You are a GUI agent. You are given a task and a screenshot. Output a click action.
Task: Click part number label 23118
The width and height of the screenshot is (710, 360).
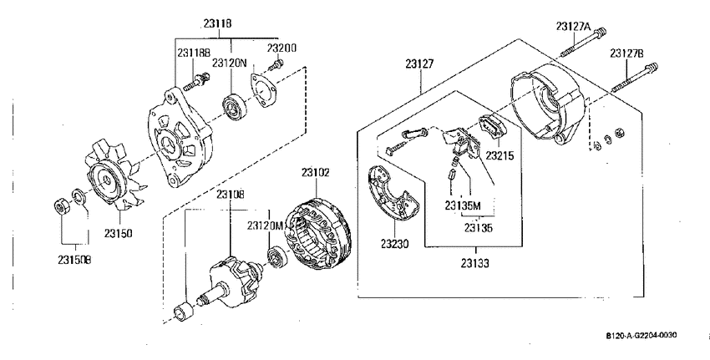(217, 23)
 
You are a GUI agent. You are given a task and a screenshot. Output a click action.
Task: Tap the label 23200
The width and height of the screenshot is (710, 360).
(281, 48)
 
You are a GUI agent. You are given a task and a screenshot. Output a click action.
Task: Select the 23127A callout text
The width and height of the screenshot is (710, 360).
(574, 27)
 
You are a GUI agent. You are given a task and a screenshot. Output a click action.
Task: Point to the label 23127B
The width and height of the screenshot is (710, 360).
(626, 53)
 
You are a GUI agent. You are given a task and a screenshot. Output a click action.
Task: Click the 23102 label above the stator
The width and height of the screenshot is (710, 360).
(316, 172)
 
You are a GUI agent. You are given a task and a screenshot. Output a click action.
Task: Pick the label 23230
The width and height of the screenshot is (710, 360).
(394, 244)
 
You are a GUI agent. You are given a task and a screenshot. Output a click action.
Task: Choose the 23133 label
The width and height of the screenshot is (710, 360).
(475, 263)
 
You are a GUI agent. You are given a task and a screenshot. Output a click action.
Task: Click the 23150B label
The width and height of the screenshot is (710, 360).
(74, 261)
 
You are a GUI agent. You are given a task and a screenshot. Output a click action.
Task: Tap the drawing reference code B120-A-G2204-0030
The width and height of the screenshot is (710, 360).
(642, 335)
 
